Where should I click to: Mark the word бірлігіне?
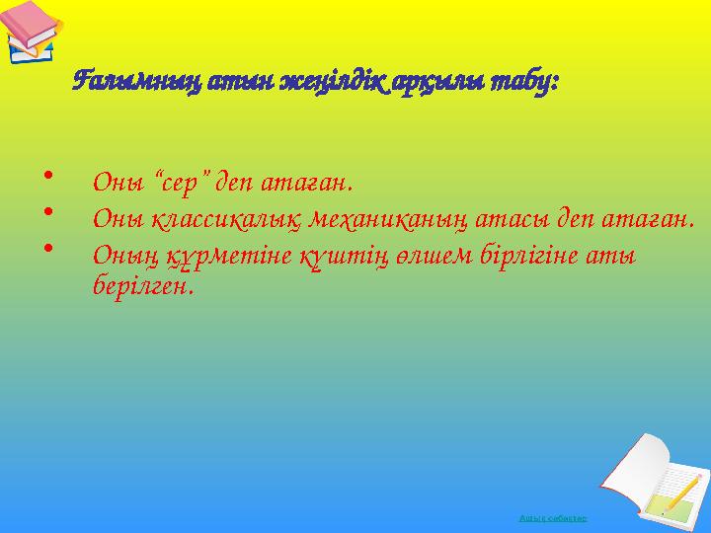[x=515, y=255]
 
